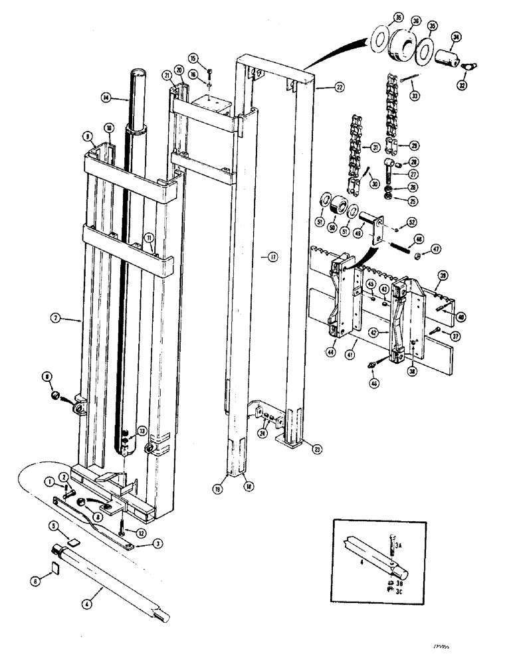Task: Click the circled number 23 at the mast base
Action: pyautogui.click(x=317, y=450)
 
